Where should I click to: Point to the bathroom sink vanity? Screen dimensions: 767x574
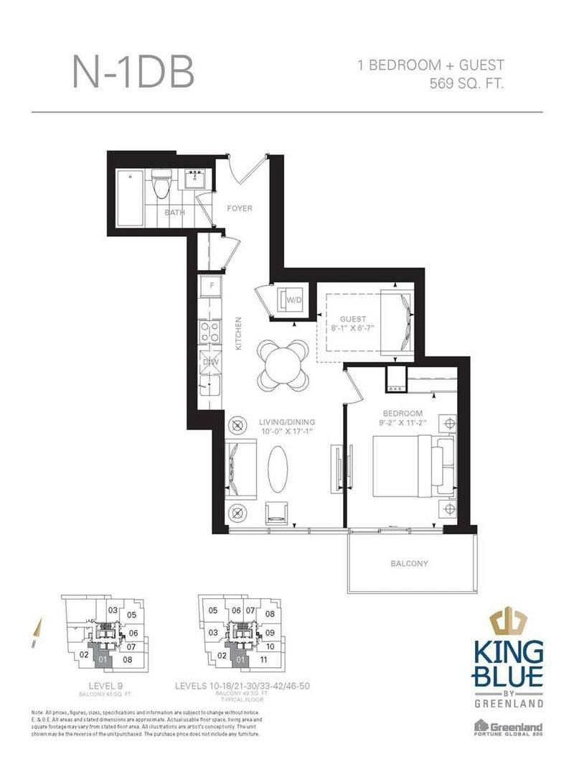(194, 182)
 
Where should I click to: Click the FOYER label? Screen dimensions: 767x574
(240, 208)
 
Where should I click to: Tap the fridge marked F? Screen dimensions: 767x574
(212, 287)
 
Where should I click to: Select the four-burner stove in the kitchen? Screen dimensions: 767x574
(212, 332)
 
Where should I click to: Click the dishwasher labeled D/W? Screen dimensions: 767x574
(212, 362)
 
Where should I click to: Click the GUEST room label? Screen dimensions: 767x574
(354, 319)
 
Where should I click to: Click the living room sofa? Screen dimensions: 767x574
(241, 469)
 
